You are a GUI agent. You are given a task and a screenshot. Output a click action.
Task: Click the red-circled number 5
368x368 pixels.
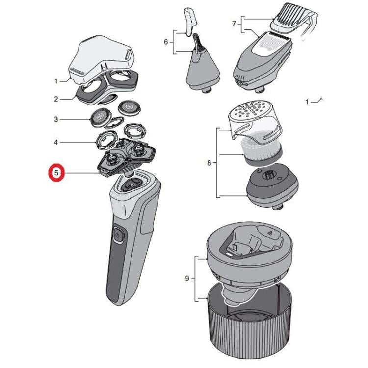(56, 173)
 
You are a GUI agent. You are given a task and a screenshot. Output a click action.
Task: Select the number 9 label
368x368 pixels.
(187, 279)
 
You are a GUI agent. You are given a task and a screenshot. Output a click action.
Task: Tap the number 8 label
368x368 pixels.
(209, 163)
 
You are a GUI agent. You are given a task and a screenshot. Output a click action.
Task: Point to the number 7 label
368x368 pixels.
(234, 24)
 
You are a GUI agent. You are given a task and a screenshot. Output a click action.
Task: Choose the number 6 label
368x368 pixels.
(165, 43)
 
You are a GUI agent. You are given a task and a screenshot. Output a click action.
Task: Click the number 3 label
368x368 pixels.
(56, 119)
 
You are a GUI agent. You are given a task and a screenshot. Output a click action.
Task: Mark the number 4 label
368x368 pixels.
(56, 142)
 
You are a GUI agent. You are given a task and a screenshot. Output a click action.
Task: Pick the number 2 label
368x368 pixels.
(56, 99)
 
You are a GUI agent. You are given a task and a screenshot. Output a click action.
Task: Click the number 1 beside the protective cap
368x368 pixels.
(56, 81)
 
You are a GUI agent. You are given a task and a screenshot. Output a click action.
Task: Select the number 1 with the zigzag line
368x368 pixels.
(308, 102)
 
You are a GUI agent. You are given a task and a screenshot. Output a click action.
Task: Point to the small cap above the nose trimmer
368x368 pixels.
(189, 20)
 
